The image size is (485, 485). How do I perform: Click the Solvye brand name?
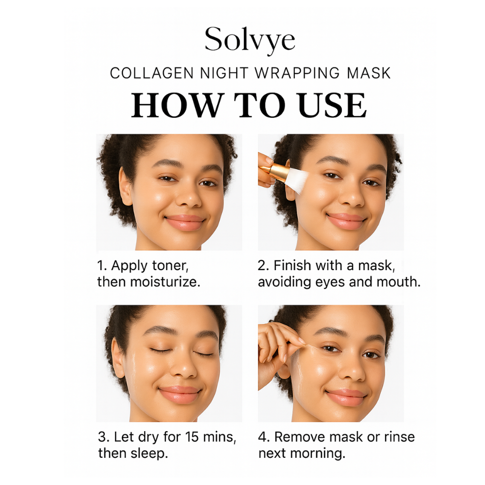(250, 40)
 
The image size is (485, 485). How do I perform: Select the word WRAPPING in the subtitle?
(297, 73)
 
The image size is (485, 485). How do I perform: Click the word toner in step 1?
(170, 266)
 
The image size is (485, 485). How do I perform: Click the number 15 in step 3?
(192, 437)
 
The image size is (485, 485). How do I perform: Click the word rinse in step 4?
(399, 437)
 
